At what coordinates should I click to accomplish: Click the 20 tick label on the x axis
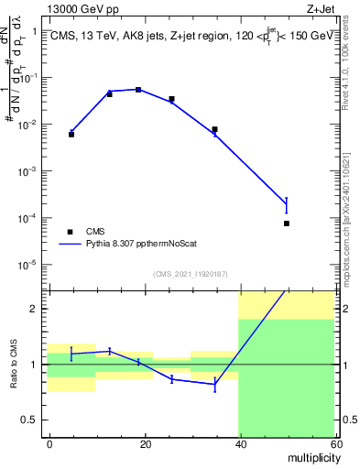coord(145,442)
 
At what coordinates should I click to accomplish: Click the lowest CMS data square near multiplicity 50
coord(287,224)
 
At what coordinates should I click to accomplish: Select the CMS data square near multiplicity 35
coord(214,129)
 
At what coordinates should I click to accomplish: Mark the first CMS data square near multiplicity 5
coord(71,135)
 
